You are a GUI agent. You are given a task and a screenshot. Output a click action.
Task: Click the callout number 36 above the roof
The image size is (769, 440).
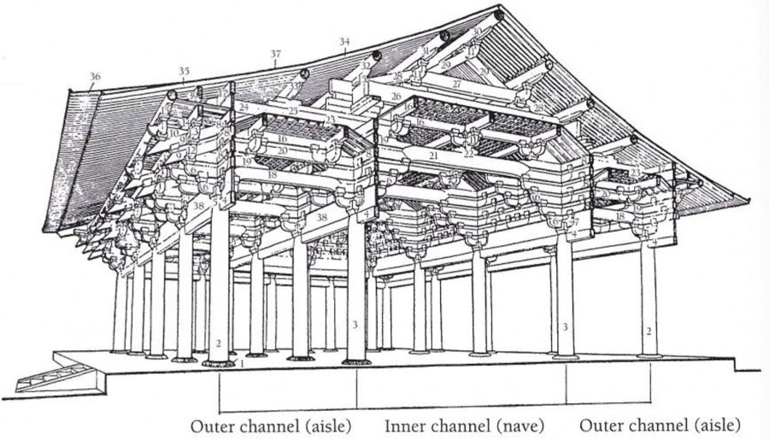click(94, 77)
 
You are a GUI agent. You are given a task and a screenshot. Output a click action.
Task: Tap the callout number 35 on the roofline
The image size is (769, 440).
click(185, 71)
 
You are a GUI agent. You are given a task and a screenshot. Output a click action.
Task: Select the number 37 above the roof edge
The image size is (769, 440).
click(275, 54)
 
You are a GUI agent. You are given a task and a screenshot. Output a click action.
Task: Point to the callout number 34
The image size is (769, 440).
click(345, 41)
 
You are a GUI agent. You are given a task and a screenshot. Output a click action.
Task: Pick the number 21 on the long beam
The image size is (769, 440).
click(433, 156)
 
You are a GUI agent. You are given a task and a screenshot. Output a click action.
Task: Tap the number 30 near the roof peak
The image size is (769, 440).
click(477, 31)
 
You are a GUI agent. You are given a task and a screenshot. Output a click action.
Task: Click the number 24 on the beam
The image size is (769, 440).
click(243, 108)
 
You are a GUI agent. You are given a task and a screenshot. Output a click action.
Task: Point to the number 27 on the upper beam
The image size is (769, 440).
click(456, 85)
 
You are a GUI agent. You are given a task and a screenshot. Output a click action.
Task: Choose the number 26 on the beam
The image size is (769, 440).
click(395, 97)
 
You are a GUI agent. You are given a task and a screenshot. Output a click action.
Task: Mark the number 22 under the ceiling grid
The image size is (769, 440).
click(467, 153)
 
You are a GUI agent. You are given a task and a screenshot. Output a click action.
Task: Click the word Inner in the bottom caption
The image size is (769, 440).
click(403, 425)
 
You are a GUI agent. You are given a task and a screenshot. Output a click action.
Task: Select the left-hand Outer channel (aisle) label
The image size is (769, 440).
click(270, 425)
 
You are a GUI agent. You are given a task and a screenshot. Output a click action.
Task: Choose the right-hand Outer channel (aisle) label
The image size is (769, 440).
click(660, 425)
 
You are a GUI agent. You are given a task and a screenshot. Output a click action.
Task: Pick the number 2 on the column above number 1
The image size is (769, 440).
click(220, 343)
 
